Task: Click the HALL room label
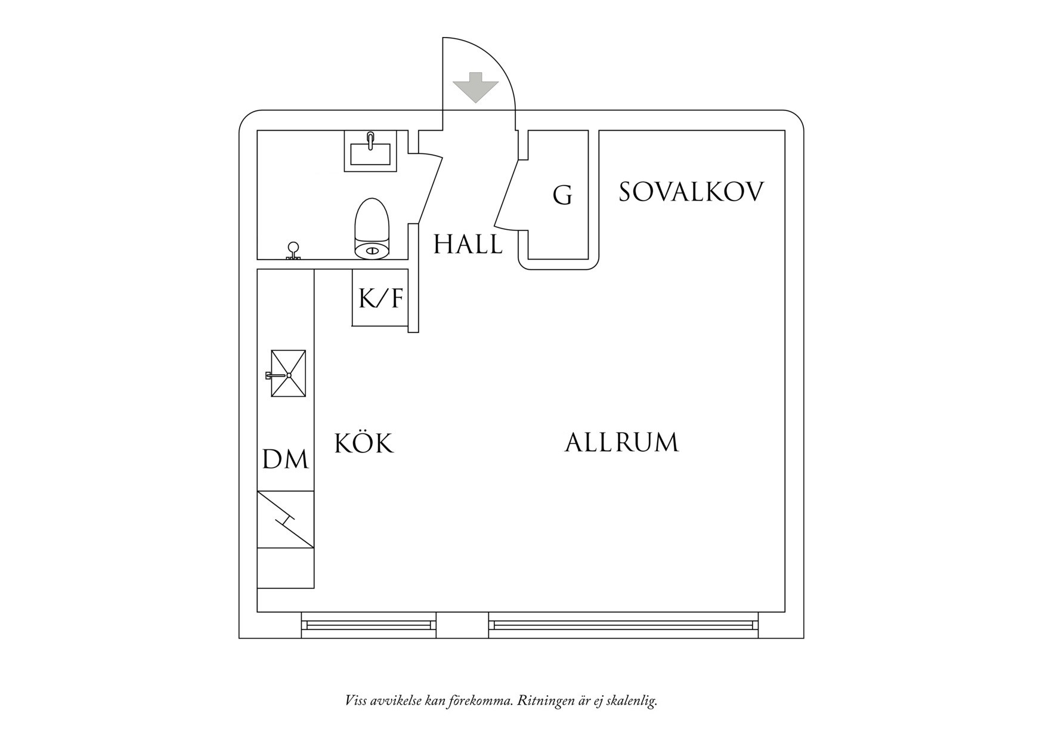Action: [x=468, y=244]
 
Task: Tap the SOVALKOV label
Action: [x=691, y=193]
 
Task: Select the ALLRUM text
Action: [x=621, y=443]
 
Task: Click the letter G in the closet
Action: [x=562, y=195]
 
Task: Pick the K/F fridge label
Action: [x=381, y=298]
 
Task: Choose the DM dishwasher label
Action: [x=286, y=460]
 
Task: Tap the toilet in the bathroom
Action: [x=372, y=229]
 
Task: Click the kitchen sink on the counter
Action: [x=288, y=374]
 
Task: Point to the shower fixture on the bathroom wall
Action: [x=293, y=251]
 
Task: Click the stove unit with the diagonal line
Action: [x=285, y=519]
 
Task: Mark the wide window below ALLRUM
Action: [x=623, y=625]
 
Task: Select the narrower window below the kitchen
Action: [x=369, y=625]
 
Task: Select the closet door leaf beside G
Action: [x=506, y=196]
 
